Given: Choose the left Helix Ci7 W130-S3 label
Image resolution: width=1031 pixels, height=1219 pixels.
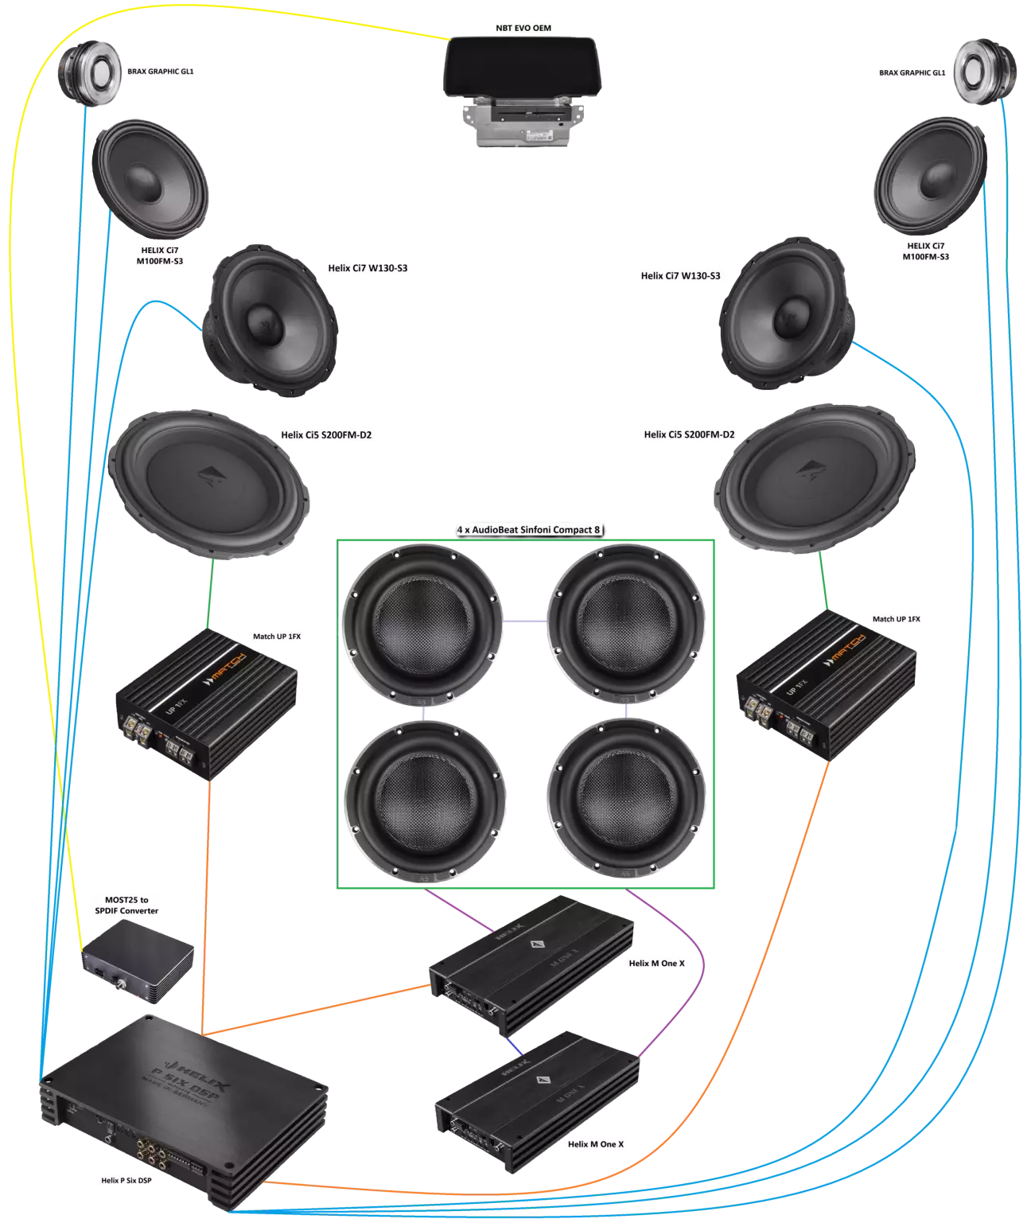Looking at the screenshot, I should point(367,268).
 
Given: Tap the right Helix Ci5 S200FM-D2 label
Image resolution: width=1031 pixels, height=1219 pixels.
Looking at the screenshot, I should point(689,435).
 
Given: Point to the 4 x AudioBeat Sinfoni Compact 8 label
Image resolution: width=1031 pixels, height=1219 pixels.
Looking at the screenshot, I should point(527,529).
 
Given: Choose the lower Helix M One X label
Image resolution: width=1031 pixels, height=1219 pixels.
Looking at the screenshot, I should point(596,1144).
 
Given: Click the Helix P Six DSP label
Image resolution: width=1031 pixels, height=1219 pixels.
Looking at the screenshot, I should point(125,1181).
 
